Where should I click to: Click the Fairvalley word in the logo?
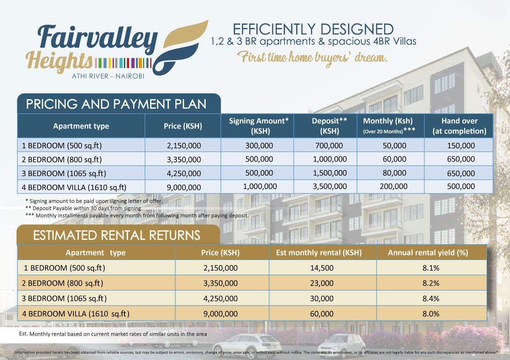(x=98, y=39)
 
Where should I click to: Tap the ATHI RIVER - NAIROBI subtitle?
(x=108, y=76)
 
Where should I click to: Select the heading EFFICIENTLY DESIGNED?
(x=313, y=29)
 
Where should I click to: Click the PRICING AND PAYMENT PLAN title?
(x=116, y=104)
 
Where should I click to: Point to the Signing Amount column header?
(x=258, y=126)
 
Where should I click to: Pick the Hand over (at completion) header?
(x=459, y=126)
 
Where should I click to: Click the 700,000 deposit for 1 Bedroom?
(x=329, y=145)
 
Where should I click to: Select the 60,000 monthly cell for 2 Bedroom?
(x=394, y=159)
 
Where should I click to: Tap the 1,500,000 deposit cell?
(x=330, y=173)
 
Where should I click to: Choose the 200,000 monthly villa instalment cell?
(x=393, y=187)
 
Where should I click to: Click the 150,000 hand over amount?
(x=461, y=145)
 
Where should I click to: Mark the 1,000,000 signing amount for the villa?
(x=260, y=187)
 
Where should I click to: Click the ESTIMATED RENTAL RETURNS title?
(x=117, y=236)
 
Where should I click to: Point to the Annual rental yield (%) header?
(x=428, y=253)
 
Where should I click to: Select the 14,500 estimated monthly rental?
(x=322, y=268)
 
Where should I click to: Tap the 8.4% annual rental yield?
(x=431, y=299)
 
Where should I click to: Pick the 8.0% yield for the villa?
(x=431, y=314)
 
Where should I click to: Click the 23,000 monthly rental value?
(x=322, y=283)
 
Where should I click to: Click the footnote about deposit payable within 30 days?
(x=84, y=208)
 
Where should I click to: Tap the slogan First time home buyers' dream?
(x=312, y=58)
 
